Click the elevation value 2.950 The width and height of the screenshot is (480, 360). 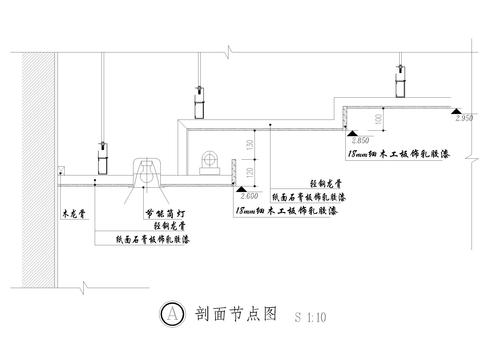point(462,118)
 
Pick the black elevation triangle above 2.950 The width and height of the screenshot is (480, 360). point(456,108)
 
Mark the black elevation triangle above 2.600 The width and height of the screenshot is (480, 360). point(240,186)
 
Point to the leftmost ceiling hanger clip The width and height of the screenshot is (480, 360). point(101,158)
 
